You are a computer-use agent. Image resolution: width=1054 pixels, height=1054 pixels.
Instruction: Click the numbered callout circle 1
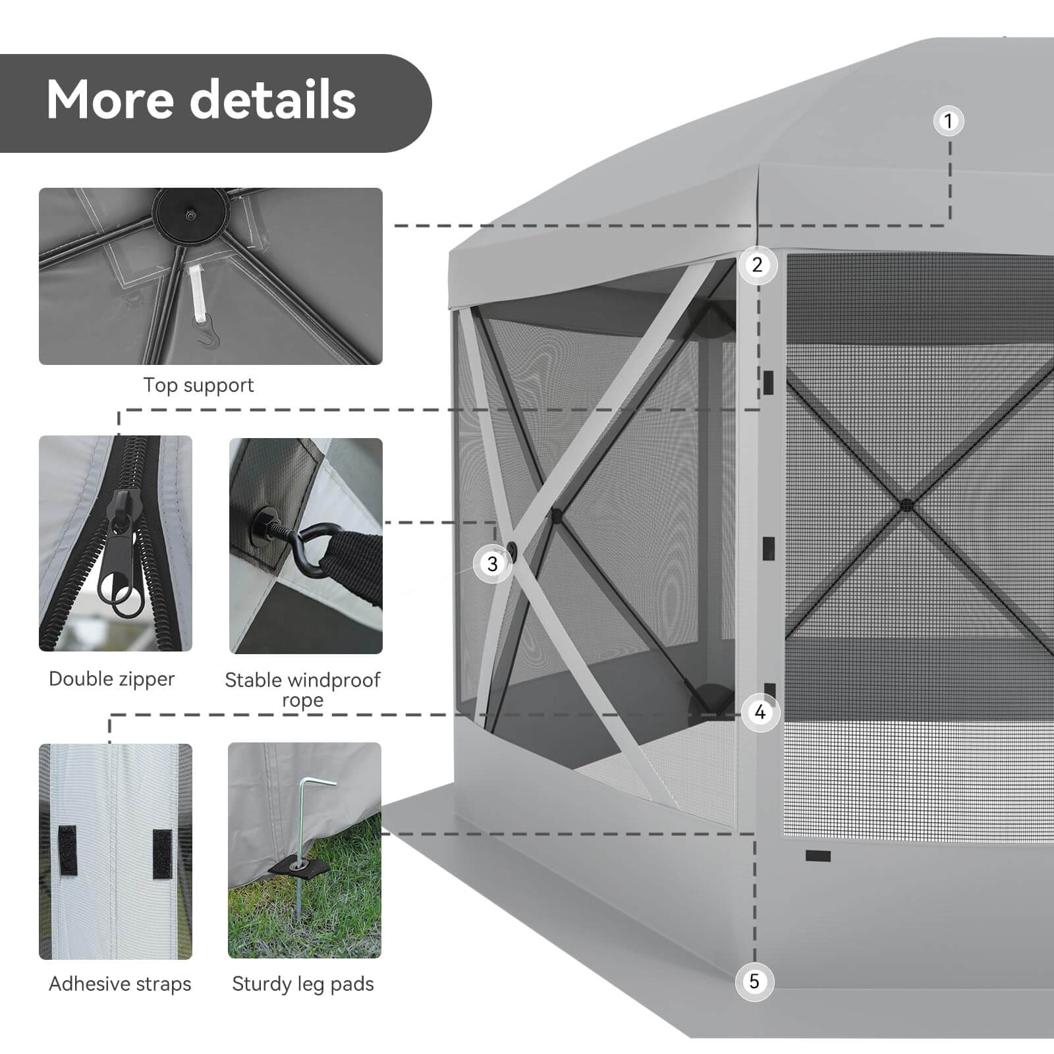[949, 121]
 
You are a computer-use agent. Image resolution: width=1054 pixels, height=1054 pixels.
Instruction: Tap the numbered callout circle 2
[758, 265]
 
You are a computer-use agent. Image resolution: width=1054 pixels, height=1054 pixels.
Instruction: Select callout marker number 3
[493, 564]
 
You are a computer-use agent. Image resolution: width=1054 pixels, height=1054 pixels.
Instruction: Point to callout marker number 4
[761, 712]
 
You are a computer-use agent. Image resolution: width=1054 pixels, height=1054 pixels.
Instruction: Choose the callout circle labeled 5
[754, 982]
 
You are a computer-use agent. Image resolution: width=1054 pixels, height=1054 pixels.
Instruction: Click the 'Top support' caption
[198, 385]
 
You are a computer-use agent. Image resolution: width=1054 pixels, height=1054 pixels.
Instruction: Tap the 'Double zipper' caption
[112, 679]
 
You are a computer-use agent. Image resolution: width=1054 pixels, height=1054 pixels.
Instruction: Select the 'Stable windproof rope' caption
[302, 690]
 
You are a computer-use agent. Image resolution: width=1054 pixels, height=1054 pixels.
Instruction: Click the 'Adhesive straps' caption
[120, 984]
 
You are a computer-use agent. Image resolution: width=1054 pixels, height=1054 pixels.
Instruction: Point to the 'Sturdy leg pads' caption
[303, 984]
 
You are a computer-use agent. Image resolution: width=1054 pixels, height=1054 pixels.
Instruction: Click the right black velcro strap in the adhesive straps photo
[162, 854]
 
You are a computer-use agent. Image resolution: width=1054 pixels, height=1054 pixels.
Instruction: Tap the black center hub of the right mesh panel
[907, 505]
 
